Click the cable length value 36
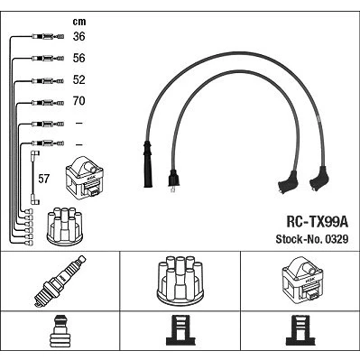[78, 36]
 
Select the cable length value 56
[78, 58]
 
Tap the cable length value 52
[78, 79]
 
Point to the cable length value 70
[78, 101]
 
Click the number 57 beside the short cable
[43, 179]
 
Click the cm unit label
[79, 22]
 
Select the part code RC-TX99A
[317, 223]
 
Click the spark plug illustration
[60, 282]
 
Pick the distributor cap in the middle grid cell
[180, 280]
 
